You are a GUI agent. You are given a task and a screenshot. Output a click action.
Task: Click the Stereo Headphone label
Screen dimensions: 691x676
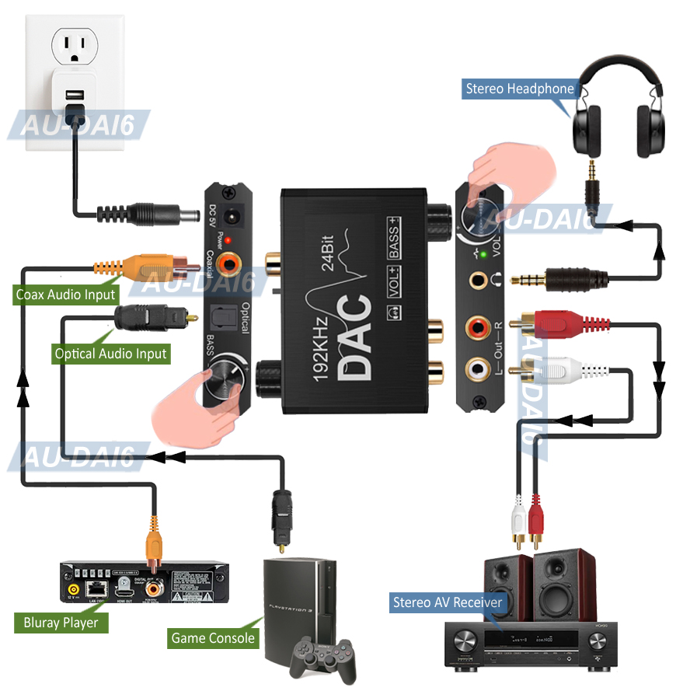coord(520,89)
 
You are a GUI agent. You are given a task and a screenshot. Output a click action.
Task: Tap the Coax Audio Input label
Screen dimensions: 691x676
coord(66,295)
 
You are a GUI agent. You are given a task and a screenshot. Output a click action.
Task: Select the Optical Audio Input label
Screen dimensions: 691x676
coord(110,354)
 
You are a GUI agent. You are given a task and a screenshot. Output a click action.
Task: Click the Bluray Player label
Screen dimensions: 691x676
coord(61,623)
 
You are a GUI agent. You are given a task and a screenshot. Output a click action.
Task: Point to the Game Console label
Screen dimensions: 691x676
coord(213,638)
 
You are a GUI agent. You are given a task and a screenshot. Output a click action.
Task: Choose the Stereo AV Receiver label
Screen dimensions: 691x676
coord(448,602)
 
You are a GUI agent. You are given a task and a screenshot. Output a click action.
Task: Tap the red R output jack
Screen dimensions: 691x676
coord(476,327)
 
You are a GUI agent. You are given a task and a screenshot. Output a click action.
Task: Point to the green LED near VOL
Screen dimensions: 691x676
coord(483,253)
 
